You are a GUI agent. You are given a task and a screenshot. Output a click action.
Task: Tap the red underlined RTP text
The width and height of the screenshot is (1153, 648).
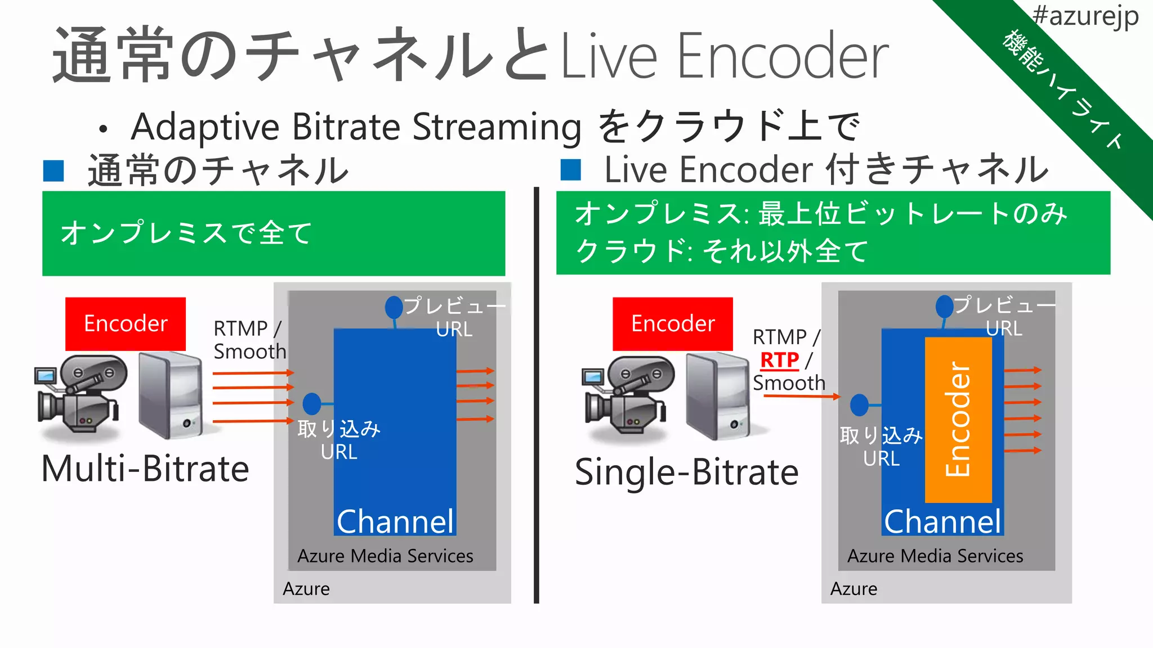780,360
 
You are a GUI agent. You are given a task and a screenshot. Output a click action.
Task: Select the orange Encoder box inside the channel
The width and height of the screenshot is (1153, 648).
958,420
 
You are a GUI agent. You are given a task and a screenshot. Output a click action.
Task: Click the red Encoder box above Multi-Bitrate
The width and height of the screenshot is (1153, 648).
126,324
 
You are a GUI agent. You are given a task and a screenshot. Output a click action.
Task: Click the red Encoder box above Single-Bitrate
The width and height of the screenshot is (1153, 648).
673,324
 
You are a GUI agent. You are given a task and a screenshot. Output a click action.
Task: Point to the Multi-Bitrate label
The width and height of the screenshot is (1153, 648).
145,469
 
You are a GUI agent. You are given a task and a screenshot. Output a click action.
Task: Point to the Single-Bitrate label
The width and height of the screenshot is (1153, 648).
687,472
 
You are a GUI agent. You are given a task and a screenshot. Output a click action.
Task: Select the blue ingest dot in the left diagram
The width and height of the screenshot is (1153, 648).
312,404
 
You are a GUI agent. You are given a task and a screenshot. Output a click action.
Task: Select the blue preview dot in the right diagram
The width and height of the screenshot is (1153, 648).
944,307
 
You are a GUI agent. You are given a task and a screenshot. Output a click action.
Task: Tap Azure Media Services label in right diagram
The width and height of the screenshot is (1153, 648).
935,556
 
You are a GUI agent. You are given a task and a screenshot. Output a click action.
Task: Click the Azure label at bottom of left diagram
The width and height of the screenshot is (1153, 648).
306,588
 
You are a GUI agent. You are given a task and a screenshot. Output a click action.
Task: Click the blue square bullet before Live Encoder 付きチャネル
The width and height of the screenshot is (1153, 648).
571,170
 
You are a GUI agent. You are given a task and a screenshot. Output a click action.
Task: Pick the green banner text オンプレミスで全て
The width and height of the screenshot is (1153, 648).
186,233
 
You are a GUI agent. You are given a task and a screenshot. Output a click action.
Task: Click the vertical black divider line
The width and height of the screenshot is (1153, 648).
537,394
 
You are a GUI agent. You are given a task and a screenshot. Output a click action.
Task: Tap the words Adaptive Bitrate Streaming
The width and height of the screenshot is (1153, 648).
356,127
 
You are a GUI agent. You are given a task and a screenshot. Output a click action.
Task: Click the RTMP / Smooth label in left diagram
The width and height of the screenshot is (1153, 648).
249,340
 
